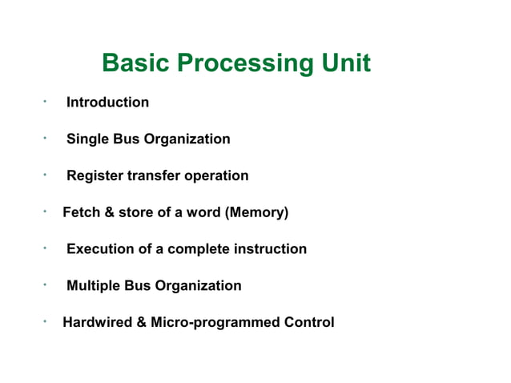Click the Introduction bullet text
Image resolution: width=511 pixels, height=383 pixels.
[107, 103]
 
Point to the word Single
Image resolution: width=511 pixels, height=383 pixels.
[87, 139]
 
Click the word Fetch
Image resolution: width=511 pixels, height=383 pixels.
[81, 212]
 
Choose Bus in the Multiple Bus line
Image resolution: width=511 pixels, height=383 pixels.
[138, 286]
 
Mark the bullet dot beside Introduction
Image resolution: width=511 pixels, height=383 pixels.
[46, 101]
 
